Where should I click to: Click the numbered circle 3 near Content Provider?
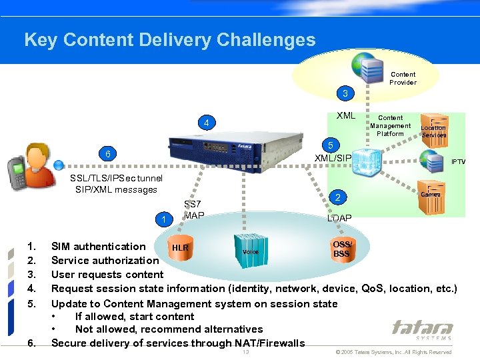click(x=345, y=93)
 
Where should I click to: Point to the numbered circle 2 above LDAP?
click(x=338, y=197)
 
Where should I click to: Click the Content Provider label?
click(x=403, y=79)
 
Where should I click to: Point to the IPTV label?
click(x=459, y=162)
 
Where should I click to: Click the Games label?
click(x=431, y=194)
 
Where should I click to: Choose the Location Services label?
click(x=433, y=131)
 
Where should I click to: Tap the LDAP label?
click(x=339, y=219)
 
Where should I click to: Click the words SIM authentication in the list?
click(x=98, y=247)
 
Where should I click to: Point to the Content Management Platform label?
click(x=391, y=125)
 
